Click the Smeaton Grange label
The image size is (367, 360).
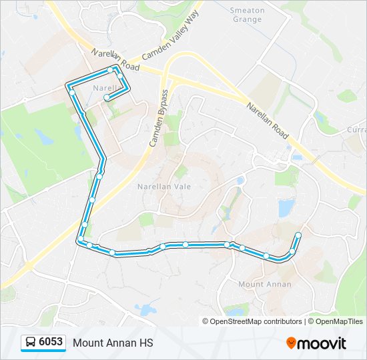tap(248, 15)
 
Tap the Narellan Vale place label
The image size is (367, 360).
tap(163, 187)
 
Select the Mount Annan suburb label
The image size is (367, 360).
tap(265, 284)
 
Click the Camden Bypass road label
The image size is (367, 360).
tap(158, 118)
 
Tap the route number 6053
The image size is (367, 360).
tap(51, 342)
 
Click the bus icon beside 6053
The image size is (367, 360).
tap(31, 343)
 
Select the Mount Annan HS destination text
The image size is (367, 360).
tap(113, 343)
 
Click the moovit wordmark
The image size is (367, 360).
tap(322, 343)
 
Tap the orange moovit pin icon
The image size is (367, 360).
tap(292, 343)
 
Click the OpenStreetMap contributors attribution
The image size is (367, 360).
tap(252, 321)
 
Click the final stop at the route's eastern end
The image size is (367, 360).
tap(298, 235)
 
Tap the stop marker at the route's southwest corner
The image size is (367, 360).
tap(81, 239)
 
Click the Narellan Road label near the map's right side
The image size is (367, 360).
tap(267, 121)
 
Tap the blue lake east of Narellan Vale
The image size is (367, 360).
tap(286, 208)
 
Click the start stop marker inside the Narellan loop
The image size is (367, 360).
tap(107, 98)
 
